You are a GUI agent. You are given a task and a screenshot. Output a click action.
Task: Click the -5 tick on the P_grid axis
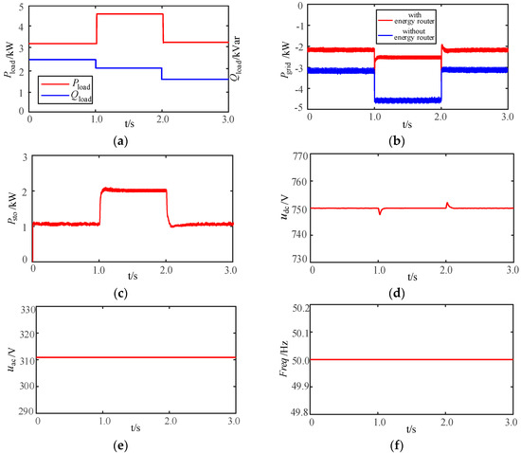click(306, 108)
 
